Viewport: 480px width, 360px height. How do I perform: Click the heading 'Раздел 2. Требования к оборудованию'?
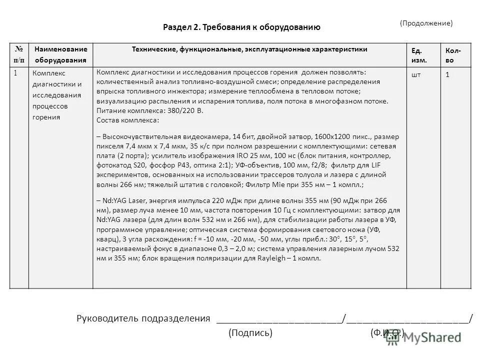pyautogui.click(x=241, y=27)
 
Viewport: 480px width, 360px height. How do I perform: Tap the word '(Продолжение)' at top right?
pyautogui.click(x=426, y=23)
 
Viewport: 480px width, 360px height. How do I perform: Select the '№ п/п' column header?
pyautogui.click(x=19, y=54)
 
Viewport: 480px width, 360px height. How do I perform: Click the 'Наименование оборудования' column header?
pyautogui.click(x=60, y=54)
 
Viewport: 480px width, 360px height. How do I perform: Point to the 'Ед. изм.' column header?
pyautogui.click(x=416, y=54)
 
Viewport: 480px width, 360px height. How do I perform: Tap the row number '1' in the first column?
pyautogui.click(x=15, y=73)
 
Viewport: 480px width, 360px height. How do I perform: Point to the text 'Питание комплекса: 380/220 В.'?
pyautogui.click(x=149, y=110)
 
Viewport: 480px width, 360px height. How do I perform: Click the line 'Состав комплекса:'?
pyautogui.click(x=128, y=120)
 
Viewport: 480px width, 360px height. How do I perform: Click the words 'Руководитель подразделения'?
pyautogui.click(x=142, y=318)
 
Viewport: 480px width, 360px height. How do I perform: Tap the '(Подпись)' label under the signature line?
pyautogui.click(x=250, y=333)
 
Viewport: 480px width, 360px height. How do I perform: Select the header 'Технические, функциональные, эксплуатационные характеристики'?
pyautogui.click(x=249, y=49)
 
